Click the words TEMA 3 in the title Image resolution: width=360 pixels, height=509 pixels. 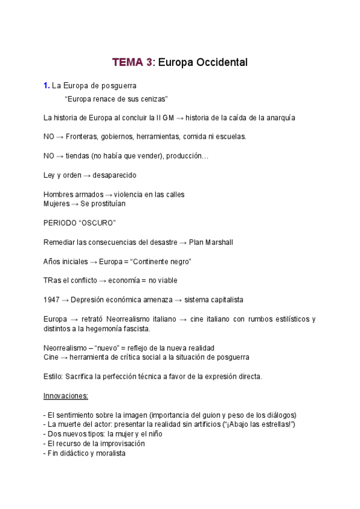(132, 62)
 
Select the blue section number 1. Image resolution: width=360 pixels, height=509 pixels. (46, 86)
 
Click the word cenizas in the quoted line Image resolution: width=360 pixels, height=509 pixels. (151, 98)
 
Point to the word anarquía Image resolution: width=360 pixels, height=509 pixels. (278, 118)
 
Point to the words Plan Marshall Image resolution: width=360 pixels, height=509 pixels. (211, 242)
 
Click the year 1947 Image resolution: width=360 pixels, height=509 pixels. (52, 300)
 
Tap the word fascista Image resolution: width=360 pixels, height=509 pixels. (135, 328)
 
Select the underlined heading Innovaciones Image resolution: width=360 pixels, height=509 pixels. (66, 396)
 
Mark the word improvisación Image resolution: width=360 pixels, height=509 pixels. (120, 444)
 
